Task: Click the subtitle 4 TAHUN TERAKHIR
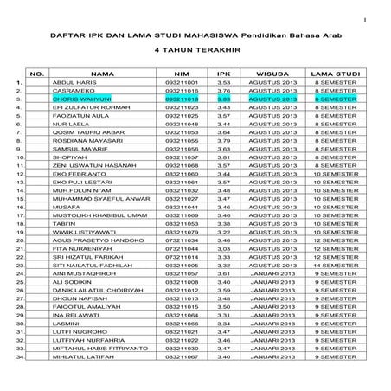tap(195, 50)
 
